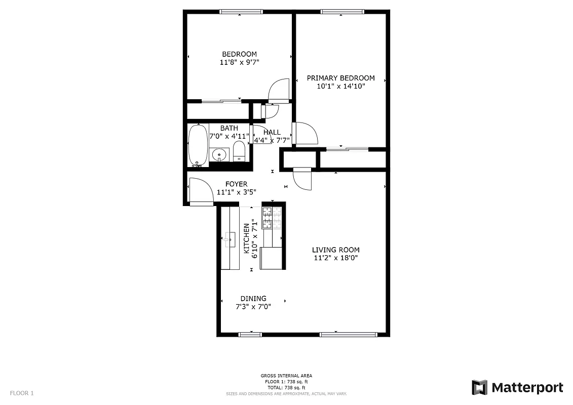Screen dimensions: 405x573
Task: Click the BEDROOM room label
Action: pyautogui.click(x=239, y=54)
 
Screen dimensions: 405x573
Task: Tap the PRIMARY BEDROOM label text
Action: pyautogui.click(x=340, y=78)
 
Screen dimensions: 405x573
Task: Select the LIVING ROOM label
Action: pyautogui.click(x=335, y=250)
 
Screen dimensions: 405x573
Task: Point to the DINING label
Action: pyautogui.click(x=253, y=299)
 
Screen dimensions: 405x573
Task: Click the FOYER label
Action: pyautogui.click(x=237, y=184)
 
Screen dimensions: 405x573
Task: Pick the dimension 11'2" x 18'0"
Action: pyautogui.click(x=335, y=258)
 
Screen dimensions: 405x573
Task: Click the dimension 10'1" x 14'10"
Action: pyautogui.click(x=340, y=86)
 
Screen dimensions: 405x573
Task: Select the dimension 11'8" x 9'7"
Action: pyautogui.click(x=239, y=62)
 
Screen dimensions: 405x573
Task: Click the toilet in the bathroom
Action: pyautogui.click(x=239, y=151)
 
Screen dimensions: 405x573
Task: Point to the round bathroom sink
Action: pyautogui.click(x=219, y=153)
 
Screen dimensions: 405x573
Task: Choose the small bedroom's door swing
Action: pyautogui.click(x=279, y=90)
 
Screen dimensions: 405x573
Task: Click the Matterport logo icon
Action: pyautogui.click(x=479, y=387)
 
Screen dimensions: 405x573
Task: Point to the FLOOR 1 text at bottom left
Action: pyautogui.click(x=22, y=393)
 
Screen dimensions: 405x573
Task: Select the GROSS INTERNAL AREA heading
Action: pyautogui.click(x=286, y=376)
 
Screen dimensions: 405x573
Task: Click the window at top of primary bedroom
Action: pyautogui.click(x=342, y=11)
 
